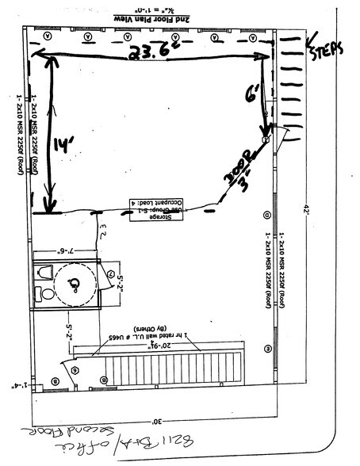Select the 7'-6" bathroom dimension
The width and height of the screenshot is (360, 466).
point(68,253)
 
